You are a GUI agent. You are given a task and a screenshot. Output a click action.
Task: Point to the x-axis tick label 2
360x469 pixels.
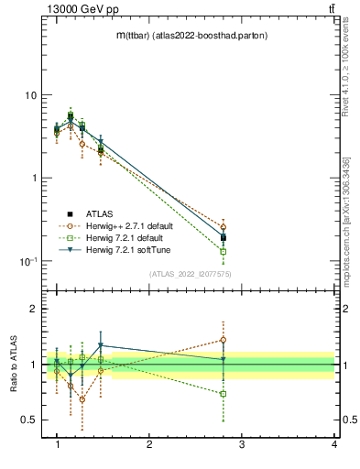pos(149,444)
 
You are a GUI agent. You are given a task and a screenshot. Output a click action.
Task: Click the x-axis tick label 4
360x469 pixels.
pos(334,444)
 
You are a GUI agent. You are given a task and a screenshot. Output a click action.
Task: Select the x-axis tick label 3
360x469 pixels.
pos(242,444)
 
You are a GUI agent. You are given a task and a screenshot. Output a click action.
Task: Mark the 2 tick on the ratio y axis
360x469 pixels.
pos(33,310)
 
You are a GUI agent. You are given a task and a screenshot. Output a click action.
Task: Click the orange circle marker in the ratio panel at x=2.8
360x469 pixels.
pos(224,340)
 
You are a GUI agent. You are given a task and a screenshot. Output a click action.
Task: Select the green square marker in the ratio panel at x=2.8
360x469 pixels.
pos(224,394)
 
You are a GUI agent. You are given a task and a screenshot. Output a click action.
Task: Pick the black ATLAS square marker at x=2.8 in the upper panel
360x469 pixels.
pos(224,238)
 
